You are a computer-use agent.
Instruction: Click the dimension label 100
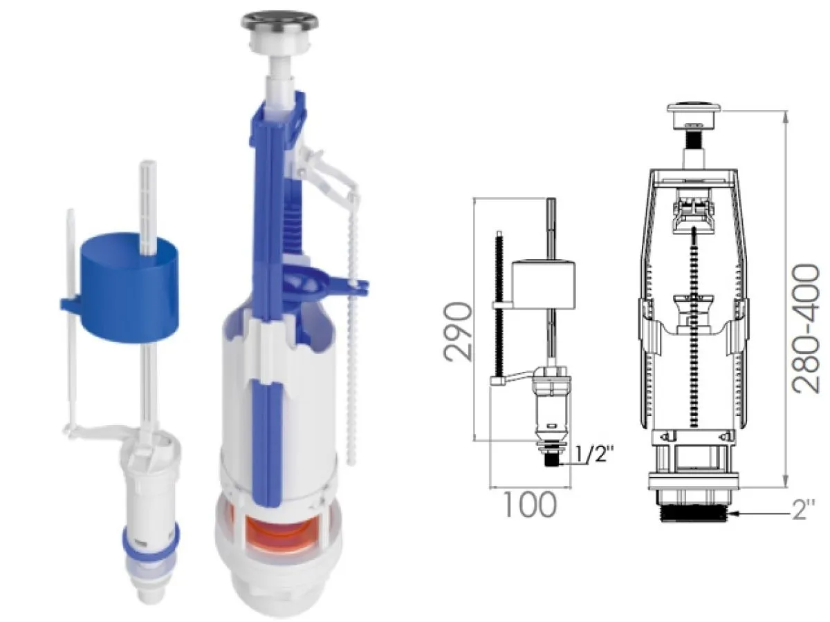tap(530, 505)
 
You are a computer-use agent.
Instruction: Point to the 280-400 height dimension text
tap(805, 328)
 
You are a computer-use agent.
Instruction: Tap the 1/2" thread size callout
tap(594, 455)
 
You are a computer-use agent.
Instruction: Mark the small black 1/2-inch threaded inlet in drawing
tap(551, 460)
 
